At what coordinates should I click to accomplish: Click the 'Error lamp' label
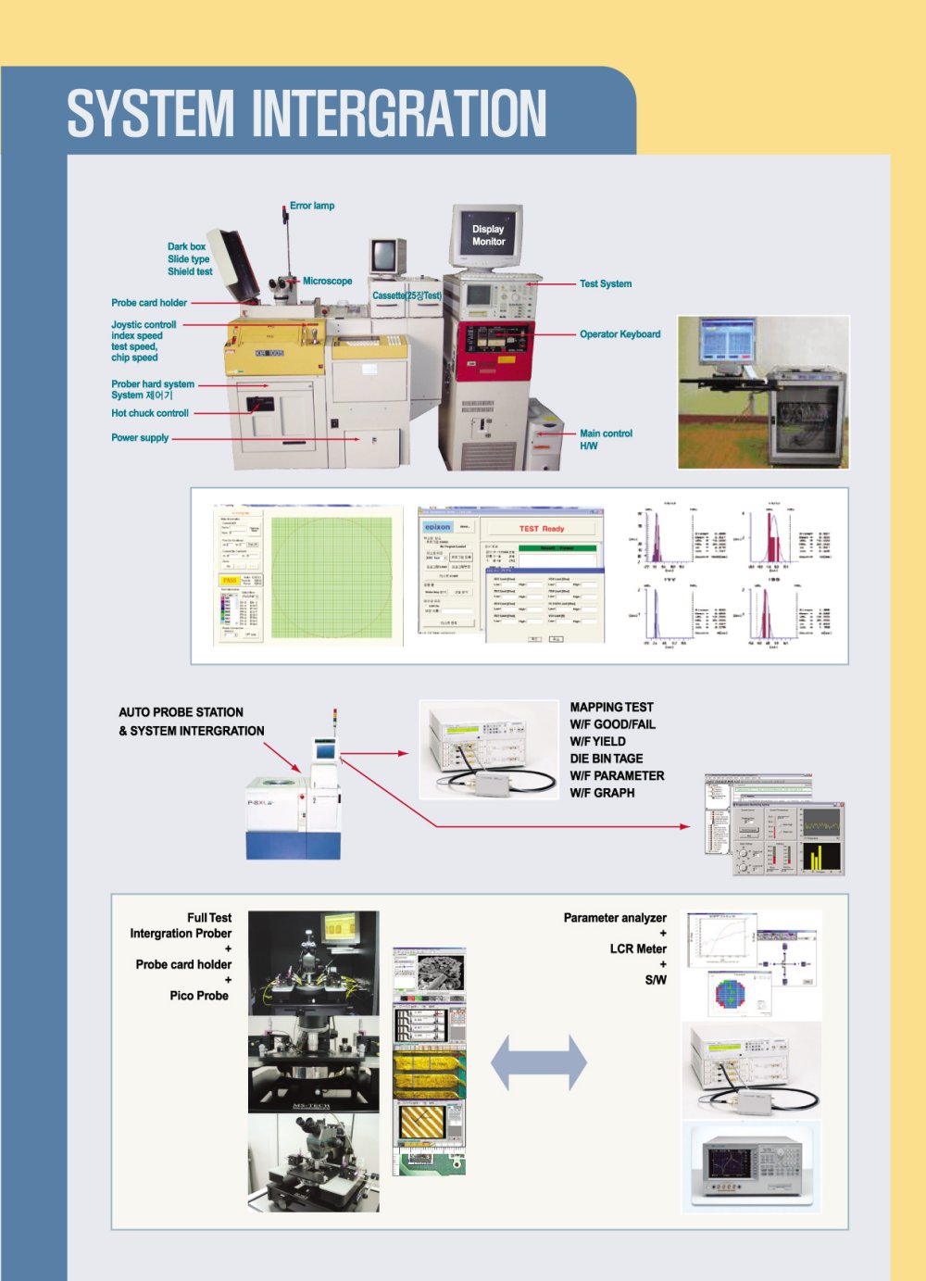[312, 206]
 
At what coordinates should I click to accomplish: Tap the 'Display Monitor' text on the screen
[488, 235]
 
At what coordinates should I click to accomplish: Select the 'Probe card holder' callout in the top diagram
[149, 303]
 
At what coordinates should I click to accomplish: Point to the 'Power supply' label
[140, 438]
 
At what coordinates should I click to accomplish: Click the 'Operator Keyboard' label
[619, 334]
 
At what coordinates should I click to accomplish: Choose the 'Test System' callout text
[606, 283]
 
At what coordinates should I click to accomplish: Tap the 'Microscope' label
[327, 281]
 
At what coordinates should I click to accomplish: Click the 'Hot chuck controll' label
[150, 413]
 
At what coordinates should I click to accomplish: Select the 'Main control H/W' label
[606, 439]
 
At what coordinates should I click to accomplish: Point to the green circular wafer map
[332, 576]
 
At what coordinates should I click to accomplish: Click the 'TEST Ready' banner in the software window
[541, 529]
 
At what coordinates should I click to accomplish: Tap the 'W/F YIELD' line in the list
[597, 741]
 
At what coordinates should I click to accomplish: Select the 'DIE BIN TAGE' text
[606, 759]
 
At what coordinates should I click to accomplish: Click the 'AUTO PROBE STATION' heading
[181, 712]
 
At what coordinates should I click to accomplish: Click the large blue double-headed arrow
[538, 1061]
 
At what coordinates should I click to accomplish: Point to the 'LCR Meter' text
[638, 948]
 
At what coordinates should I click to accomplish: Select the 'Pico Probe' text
[199, 996]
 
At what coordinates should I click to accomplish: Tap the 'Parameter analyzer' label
[615, 918]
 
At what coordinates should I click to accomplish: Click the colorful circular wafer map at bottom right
[743, 992]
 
